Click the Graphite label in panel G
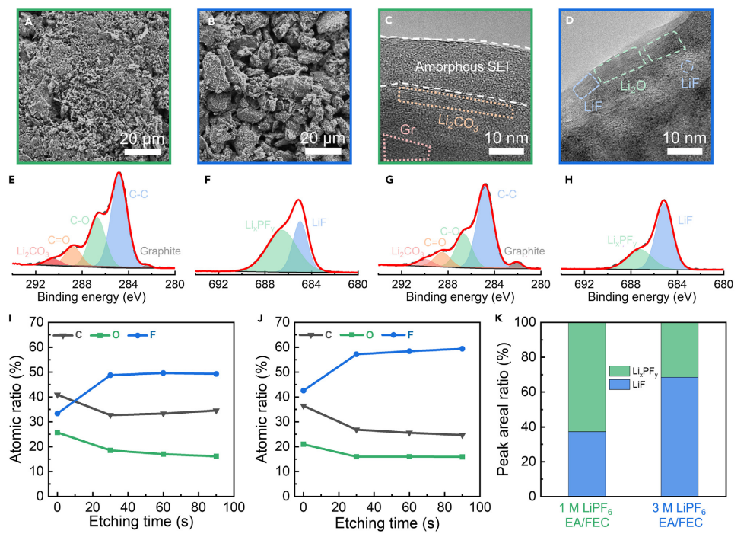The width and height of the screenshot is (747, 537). click(x=523, y=251)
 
